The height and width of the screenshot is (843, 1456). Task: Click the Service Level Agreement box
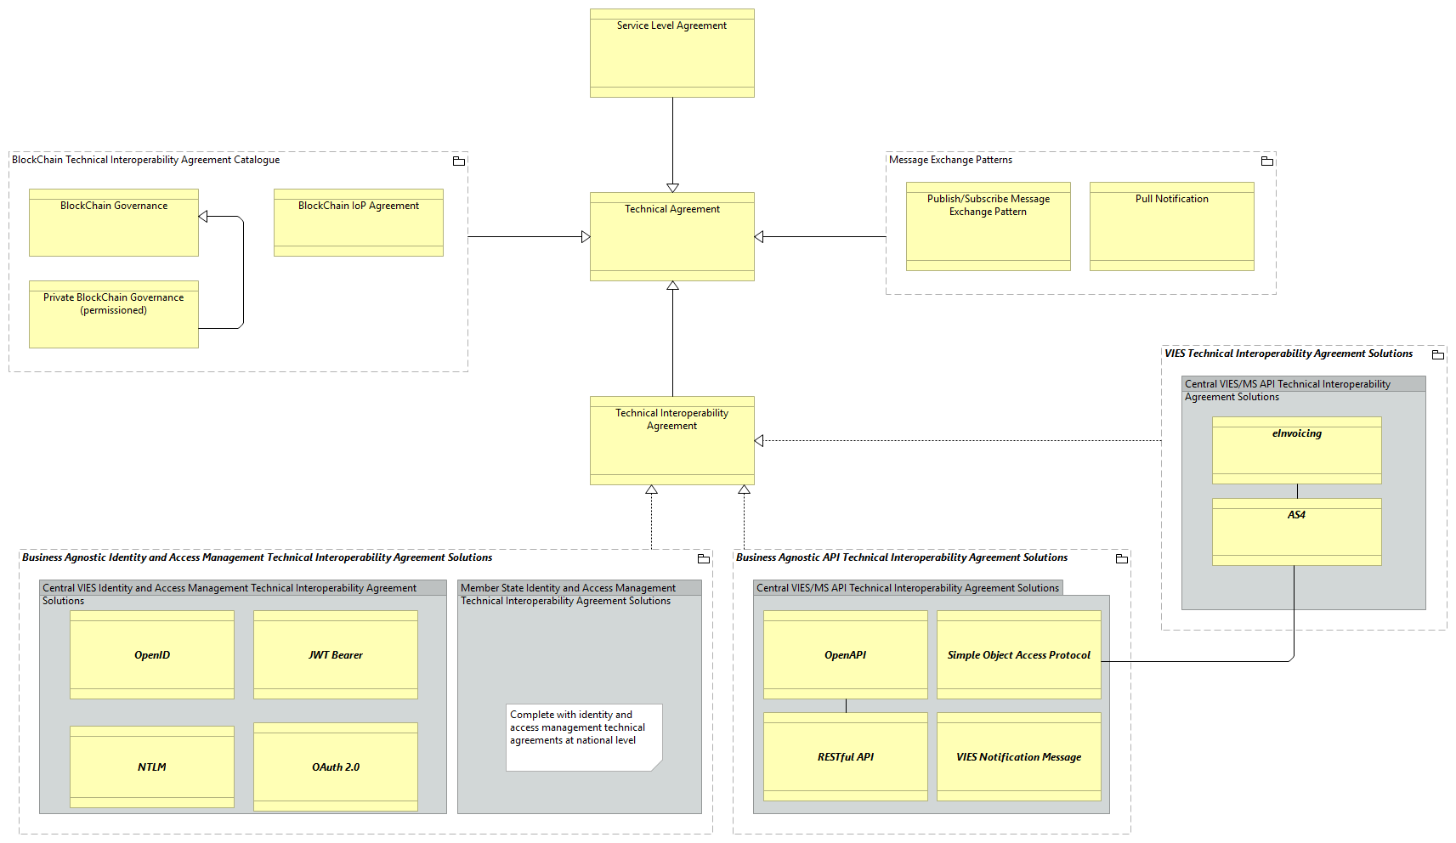coord(671,53)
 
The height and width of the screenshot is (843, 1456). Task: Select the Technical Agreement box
coord(671,236)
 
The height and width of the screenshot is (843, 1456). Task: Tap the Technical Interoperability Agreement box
coord(671,440)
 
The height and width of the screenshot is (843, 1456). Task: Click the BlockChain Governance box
coord(114,223)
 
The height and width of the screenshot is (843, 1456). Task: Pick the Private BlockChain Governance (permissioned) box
coord(114,314)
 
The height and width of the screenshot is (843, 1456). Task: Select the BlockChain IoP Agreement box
coord(359,223)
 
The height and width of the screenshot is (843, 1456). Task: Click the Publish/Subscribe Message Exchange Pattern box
coord(988,226)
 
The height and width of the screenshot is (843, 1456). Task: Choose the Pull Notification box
coord(1171,226)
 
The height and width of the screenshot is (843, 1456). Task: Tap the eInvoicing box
coord(1296,450)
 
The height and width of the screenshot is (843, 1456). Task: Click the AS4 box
coord(1296,532)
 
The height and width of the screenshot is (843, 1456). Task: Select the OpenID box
coord(152,654)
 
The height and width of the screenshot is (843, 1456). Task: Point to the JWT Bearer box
coord(336,654)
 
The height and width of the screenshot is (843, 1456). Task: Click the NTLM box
coord(152,767)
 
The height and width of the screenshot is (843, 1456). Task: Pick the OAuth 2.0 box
coord(336,767)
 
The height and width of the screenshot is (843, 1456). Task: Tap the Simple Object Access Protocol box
coord(1018,654)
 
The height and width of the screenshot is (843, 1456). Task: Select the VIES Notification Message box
coord(1018,756)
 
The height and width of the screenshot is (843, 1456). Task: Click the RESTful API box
coord(846,756)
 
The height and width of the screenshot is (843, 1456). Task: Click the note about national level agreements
coord(583,736)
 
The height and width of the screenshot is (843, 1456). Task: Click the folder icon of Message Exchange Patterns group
coord(1266,161)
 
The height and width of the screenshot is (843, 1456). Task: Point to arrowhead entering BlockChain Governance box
coord(203,217)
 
